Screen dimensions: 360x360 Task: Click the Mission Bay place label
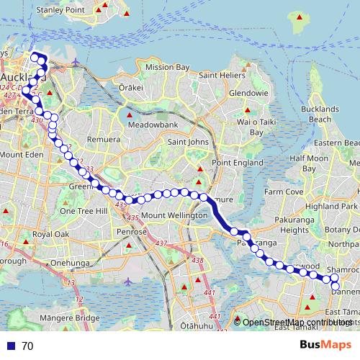tap(167, 67)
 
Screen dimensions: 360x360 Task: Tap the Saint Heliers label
tap(223, 76)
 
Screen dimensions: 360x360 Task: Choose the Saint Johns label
tap(188, 142)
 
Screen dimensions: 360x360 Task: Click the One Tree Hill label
tap(83, 211)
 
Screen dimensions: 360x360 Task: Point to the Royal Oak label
tap(51, 235)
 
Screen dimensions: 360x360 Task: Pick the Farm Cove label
tap(284, 192)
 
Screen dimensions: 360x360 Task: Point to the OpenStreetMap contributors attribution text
tap(295, 323)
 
